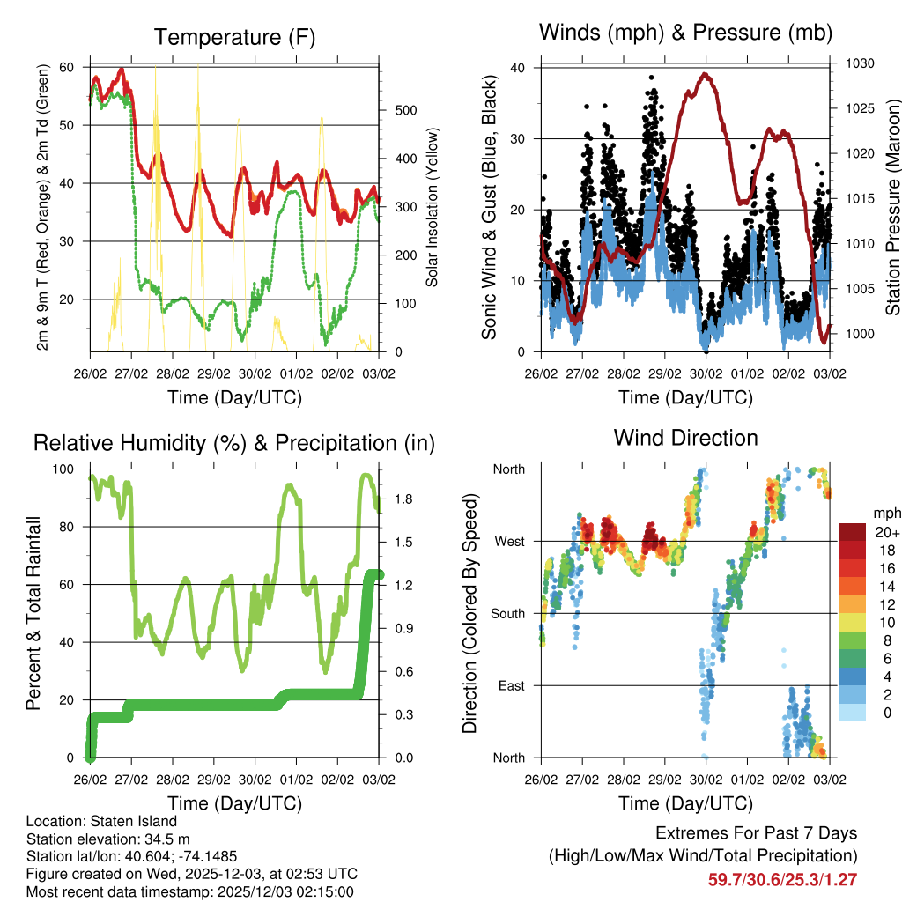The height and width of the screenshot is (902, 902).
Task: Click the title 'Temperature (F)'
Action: pyautogui.click(x=234, y=37)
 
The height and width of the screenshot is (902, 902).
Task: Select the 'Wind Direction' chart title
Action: pyautogui.click(x=685, y=438)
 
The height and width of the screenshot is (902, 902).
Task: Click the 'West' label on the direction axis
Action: pyautogui.click(x=508, y=541)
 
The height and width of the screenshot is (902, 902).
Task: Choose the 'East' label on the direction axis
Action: pyautogui.click(x=510, y=685)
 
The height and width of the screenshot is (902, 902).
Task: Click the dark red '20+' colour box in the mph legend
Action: pyautogui.click(x=854, y=532)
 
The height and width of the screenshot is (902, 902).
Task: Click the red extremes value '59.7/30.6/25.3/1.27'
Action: pyautogui.click(x=782, y=879)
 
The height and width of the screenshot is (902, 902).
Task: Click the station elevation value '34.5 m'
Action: pyautogui.click(x=155, y=839)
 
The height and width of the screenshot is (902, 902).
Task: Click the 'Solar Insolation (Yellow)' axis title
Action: pyautogui.click(x=432, y=208)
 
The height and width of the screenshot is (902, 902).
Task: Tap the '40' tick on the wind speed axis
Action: pyautogui.click(x=518, y=68)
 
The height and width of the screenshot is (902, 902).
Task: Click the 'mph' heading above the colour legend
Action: pyautogui.click(x=886, y=513)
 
